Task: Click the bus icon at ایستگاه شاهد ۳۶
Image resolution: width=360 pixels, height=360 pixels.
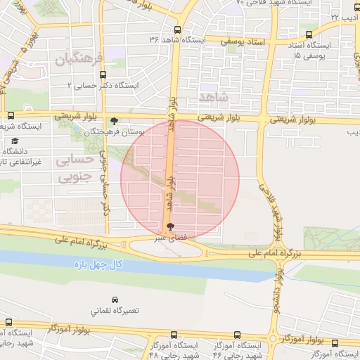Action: pos(176,30)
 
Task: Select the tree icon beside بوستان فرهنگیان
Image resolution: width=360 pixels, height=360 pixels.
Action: pos(115,121)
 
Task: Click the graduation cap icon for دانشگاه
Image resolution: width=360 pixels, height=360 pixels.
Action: pos(15,141)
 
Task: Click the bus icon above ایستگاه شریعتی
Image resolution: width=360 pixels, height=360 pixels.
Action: pos(10,116)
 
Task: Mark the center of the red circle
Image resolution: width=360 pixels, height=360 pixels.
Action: pos(180,179)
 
